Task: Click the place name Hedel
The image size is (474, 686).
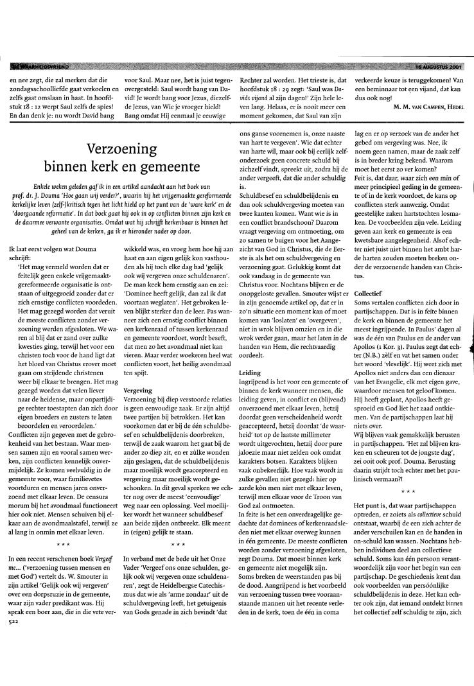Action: [453, 107]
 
